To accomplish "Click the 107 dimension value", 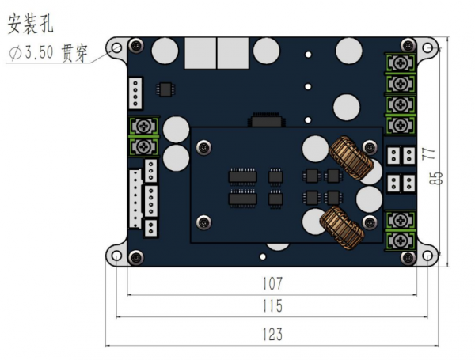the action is coord(272,284).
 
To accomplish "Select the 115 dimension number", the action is coord(272,306).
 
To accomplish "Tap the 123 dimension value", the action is coord(272,334).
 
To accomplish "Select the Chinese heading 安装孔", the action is coord(30,24).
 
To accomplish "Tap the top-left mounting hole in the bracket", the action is coord(116,47).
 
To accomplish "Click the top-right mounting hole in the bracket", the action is coord(427,47).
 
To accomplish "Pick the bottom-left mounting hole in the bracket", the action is coord(116,256).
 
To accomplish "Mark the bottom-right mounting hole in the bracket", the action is coord(427,256).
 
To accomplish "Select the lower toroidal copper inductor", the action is coord(342,228).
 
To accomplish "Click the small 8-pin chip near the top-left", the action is coord(165,89).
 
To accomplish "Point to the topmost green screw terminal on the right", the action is coord(400,63).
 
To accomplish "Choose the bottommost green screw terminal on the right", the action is coord(400,241).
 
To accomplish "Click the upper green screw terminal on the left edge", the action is coord(143,127).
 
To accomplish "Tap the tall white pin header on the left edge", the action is coord(135,199).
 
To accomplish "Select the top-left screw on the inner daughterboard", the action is coord(204,147).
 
